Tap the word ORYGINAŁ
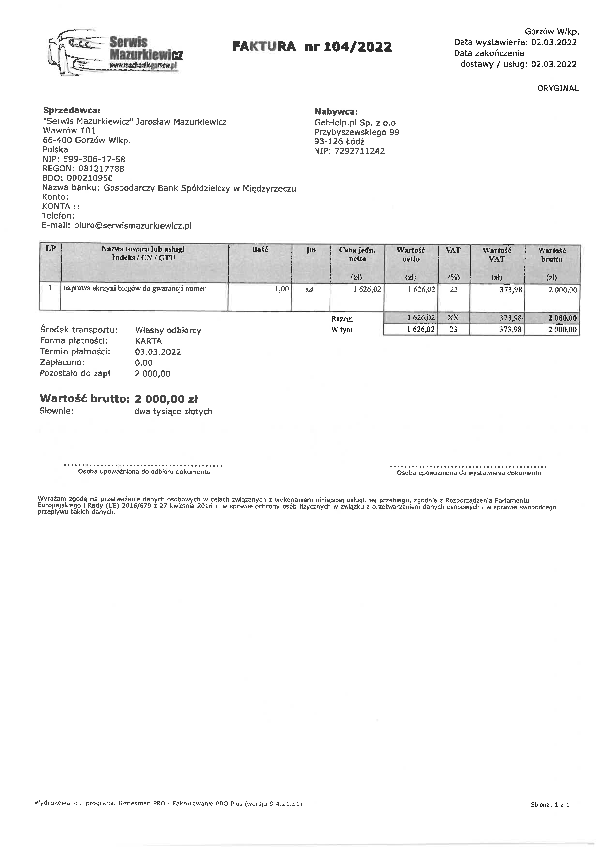(x=558, y=89)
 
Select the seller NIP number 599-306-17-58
(x=94, y=159)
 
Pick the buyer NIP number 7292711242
(x=360, y=151)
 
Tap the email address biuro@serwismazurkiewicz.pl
(x=133, y=226)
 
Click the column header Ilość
(x=260, y=250)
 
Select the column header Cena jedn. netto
(x=357, y=254)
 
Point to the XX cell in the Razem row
(x=453, y=318)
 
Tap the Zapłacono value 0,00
(x=144, y=363)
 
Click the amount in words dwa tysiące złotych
(x=173, y=412)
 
